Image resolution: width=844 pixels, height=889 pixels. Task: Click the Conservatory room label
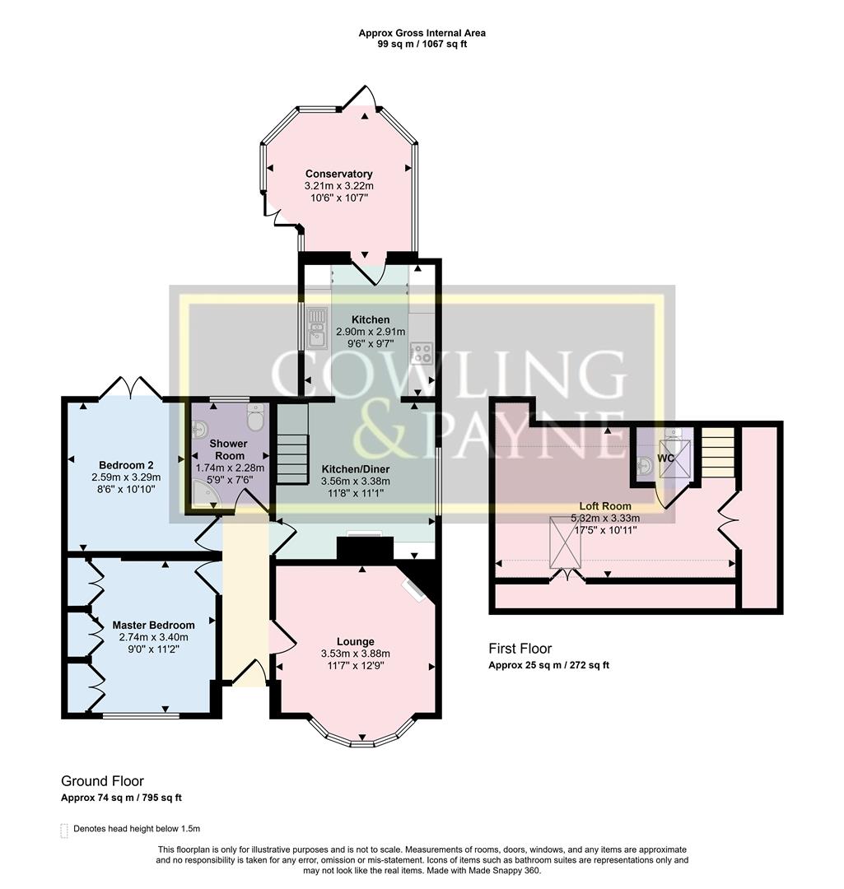pos(338,174)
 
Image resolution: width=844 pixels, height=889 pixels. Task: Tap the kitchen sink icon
pos(317,333)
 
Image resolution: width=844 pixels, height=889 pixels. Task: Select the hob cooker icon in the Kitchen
pos(422,353)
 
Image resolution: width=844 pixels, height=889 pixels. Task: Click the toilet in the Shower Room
pos(256,419)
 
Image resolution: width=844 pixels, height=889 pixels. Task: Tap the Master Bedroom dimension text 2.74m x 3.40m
pos(154,637)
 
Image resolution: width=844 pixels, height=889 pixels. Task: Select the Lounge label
pos(355,641)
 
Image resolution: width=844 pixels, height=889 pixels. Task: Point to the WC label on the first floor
pos(665,458)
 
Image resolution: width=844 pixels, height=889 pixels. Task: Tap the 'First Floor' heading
pos(520,649)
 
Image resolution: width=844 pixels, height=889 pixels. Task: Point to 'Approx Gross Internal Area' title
pos(422,33)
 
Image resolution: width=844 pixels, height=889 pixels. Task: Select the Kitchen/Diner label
pos(355,468)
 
